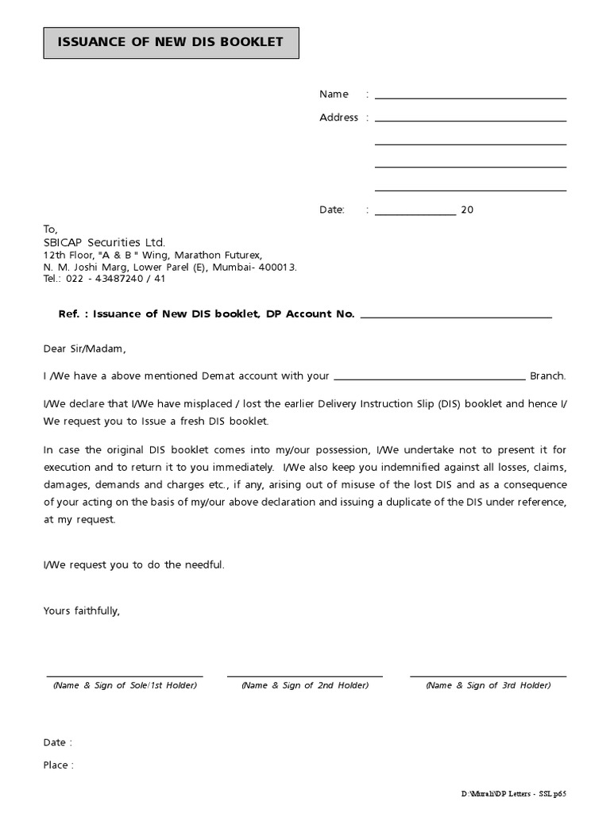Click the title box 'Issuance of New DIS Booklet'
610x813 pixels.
[171, 42]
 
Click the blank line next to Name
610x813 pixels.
[470, 98]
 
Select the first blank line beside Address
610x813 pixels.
[470, 121]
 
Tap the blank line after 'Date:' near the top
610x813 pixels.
[415, 214]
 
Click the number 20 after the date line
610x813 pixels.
[467, 210]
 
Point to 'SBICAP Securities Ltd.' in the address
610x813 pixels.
[104, 242]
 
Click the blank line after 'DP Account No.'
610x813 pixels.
[456, 318]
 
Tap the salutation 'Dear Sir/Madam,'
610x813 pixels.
[84, 349]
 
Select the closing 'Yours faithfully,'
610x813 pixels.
[82, 611]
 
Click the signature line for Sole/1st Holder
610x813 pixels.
[124, 676]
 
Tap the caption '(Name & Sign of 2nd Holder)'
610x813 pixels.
[305, 685]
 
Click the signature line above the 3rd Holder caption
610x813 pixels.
[488, 676]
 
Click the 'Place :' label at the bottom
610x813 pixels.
[58, 765]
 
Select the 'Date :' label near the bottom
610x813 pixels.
[57, 742]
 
